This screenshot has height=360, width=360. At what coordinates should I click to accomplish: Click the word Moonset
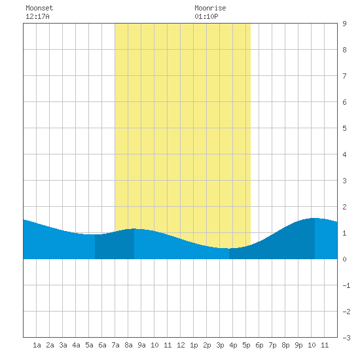click(39, 8)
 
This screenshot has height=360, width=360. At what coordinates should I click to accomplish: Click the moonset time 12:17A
click(37, 16)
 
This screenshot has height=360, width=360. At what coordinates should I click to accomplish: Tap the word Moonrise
click(210, 8)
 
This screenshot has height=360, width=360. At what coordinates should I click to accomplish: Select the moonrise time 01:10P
click(206, 16)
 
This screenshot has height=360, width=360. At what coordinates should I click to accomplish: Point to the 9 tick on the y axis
click(344, 24)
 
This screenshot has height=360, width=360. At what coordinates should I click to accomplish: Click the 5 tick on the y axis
click(344, 128)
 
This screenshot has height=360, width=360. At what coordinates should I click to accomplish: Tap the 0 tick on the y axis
click(344, 259)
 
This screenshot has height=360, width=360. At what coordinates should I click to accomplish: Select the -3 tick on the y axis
click(346, 338)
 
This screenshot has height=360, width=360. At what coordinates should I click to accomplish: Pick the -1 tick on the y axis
click(346, 285)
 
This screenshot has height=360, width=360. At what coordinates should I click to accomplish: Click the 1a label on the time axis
click(37, 345)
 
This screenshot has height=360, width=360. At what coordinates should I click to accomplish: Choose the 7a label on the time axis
click(115, 345)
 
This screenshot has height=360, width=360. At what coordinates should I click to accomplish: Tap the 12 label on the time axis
click(181, 345)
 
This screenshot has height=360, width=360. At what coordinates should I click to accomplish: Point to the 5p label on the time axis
click(246, 345)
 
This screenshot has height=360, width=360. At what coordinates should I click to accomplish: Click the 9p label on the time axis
click(298, 345)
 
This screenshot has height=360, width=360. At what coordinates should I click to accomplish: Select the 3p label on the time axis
click(220, 345)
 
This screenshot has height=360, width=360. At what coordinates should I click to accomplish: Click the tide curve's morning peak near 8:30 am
click(134, 228)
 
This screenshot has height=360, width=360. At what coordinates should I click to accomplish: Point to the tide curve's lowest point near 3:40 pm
click(228, 248)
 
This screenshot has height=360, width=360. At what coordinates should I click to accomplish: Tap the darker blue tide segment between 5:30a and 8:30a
click(115, 245)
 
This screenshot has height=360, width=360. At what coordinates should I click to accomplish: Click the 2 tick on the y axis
click(344, 207)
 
